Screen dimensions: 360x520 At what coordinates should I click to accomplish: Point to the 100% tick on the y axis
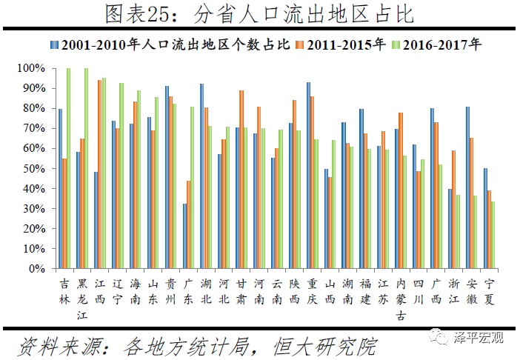[x=33, y=68]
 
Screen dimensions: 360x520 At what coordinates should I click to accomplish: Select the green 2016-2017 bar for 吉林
[x=68, y=169]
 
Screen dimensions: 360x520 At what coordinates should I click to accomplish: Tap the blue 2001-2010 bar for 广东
[x=184, y=236]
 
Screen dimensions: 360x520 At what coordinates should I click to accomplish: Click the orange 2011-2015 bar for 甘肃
[x=241, y=180]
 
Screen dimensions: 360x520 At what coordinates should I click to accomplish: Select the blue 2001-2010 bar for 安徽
[x=467, y=188]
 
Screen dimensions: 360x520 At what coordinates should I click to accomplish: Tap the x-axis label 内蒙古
[x=401, y=300]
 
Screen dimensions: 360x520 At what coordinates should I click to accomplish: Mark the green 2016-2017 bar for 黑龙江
[x=86, y=169]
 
